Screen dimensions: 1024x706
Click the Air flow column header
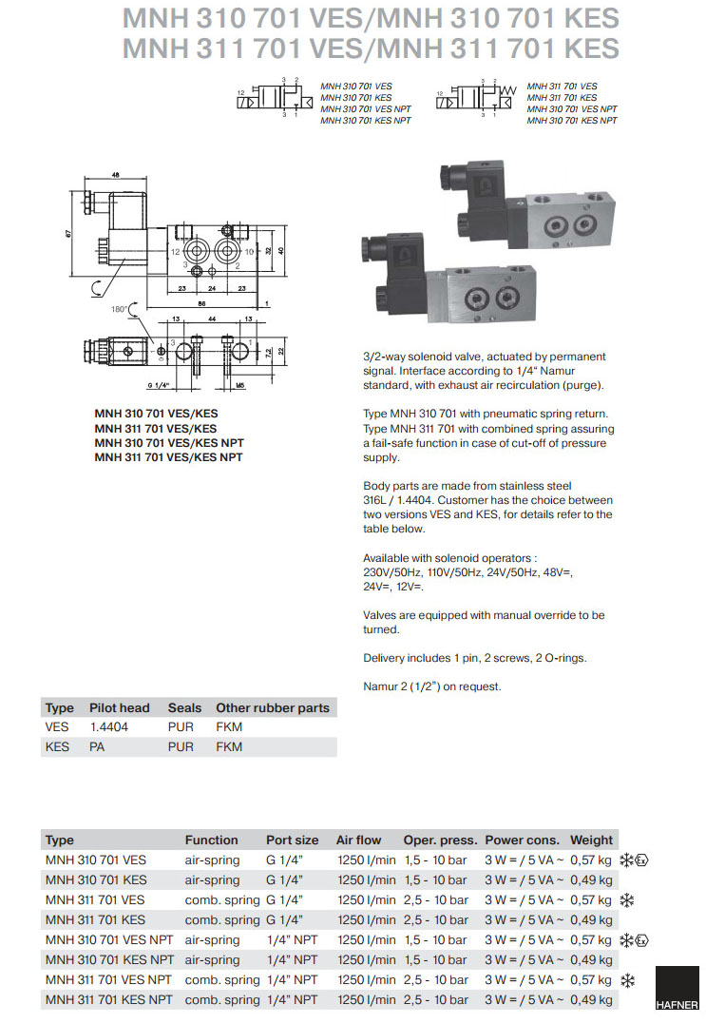point(358,840)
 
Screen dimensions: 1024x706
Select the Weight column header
point(591,840)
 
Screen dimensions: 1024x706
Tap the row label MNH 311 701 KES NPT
point(109,999)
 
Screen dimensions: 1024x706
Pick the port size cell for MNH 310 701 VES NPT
point(292,939)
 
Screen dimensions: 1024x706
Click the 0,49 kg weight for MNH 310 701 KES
point(591,879)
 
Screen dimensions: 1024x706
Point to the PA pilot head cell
point(96,746)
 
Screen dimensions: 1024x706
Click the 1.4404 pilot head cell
point(108,726)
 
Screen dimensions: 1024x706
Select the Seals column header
point(184,707)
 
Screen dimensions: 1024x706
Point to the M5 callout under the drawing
point(240,386)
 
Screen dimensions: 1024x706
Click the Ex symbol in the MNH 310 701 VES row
point(642,860)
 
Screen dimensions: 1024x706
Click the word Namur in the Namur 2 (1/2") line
point(380,686)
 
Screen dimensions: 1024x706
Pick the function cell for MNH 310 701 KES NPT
point(212,959)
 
